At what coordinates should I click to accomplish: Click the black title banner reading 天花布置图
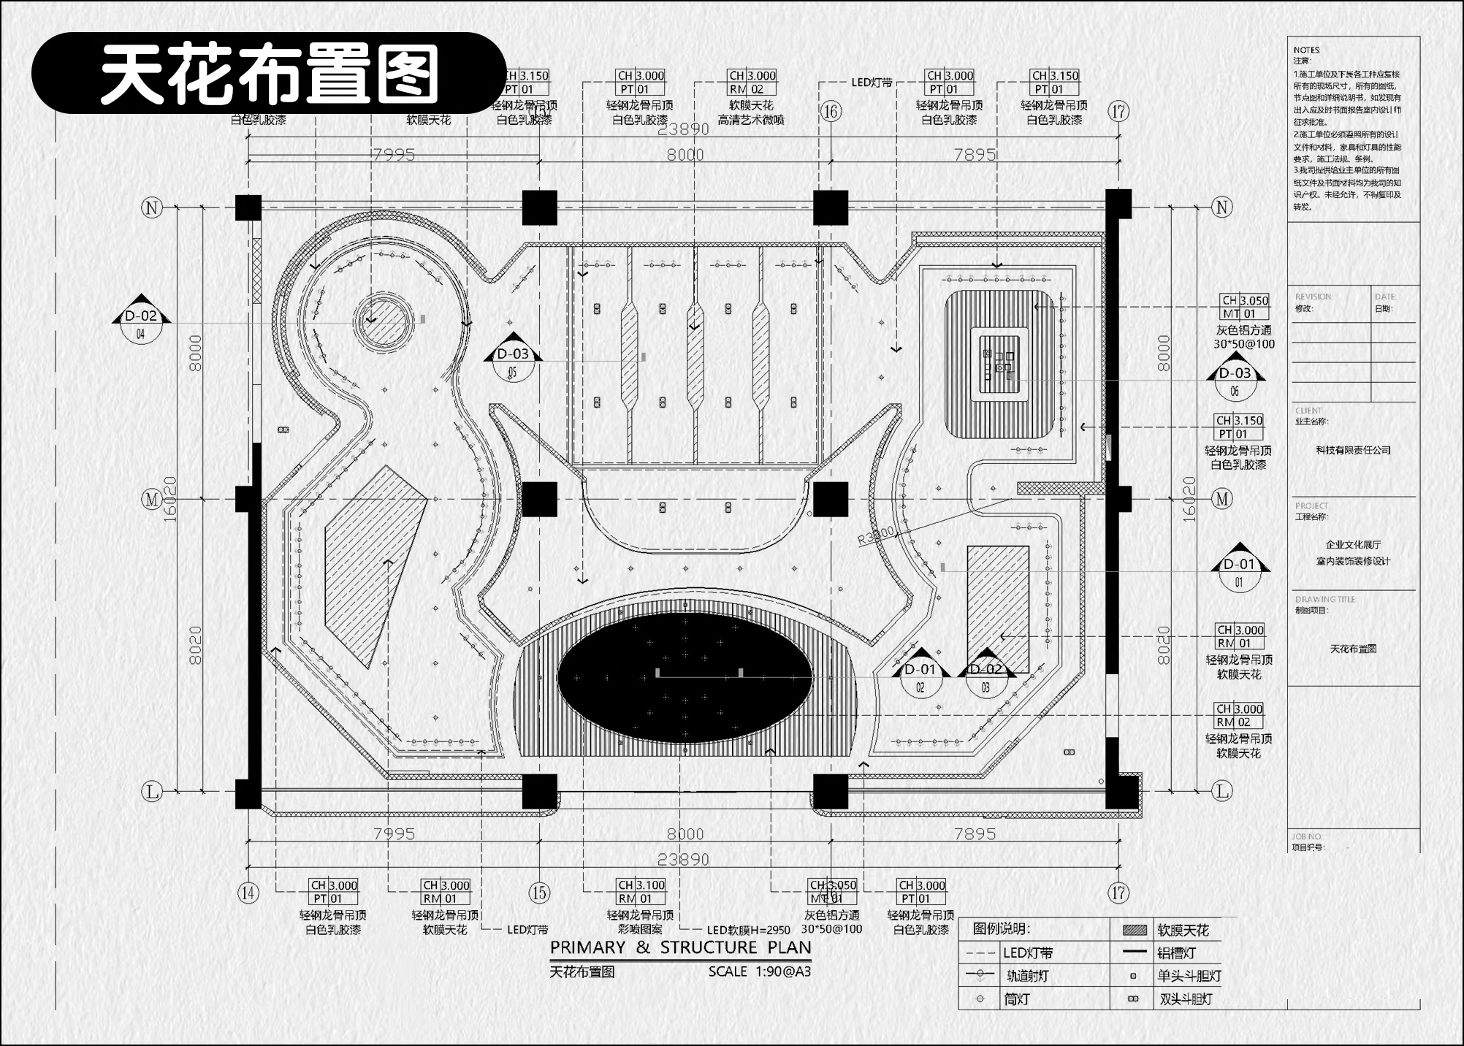tap(269, 73)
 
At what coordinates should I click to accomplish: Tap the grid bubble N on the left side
tap(152, 207)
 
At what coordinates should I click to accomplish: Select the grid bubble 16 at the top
tap(831, 111)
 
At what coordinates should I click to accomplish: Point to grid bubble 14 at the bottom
tap(248, 893)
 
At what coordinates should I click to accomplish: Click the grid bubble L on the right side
tap(1222, 790)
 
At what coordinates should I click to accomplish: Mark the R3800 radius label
tap(875, 536)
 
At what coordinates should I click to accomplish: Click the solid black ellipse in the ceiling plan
tap(685, 678)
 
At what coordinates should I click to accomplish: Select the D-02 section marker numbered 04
tap(141, 325)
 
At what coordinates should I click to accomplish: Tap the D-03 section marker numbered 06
tap(1235, 381)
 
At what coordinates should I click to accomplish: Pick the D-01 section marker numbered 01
tap(1239, 573)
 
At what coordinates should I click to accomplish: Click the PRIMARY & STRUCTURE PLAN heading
tap(680, 947)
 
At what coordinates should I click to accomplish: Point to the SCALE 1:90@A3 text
tap(759, 971)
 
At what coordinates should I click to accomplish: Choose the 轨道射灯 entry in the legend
tap(1027, 976)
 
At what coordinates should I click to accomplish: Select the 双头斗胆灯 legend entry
tap(1186, 999)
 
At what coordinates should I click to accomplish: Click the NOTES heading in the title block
tap(1306, 50)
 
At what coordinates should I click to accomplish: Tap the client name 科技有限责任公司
tap(1353, 450)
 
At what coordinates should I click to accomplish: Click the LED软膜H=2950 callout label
tap(749, 931)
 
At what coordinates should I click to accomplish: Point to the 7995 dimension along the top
tap(394, 154)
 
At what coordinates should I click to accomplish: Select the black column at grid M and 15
tap(539, 500)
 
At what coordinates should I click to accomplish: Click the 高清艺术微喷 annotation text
tap(751, 120)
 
